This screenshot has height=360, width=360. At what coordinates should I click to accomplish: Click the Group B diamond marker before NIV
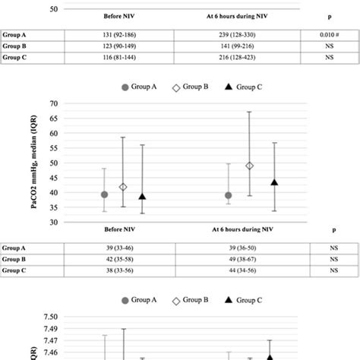coord(123,187)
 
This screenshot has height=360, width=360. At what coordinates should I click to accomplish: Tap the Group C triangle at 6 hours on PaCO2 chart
coord(274,182)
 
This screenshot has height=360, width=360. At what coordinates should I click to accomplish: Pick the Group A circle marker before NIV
coord(105,194)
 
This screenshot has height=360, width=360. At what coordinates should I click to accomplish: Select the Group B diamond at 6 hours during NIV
coord(250,166)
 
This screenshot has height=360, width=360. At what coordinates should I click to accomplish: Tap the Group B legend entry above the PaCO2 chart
coord(186,87)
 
